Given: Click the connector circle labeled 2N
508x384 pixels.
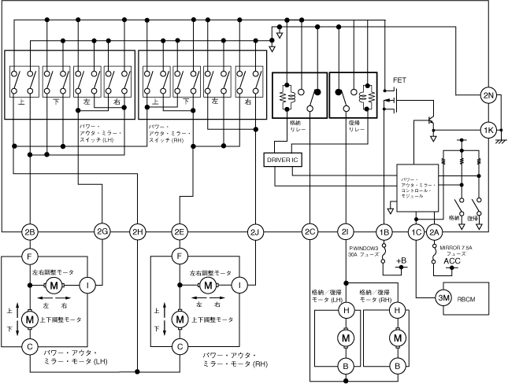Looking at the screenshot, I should click(x=488, y=97).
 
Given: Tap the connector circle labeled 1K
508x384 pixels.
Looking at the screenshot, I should click(x=488, y=130).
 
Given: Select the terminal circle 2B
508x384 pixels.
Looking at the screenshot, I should click(x=29, y=231).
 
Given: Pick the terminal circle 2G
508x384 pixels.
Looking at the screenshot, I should click(x=102, y=231).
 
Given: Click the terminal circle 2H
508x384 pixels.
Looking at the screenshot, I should click(x=138, y=231).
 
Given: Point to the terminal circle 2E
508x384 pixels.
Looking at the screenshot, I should click(x=180, y=231).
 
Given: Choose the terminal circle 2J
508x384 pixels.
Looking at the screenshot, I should click(x=254, y=231).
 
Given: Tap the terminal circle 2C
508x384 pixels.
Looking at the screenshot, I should click(x=310, y=231).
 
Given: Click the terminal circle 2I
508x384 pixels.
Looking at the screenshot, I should click(x=344, y=231).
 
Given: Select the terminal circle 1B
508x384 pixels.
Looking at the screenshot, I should click(x=384, y=231).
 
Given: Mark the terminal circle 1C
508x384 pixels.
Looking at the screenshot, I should click(x=416, y=231).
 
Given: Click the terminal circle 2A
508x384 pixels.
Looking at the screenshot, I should click(x=435, y=231).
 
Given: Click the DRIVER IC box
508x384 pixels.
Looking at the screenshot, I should click(x=282, y=159).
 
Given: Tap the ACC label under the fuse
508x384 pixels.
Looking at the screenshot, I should click(x=452, y=261).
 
